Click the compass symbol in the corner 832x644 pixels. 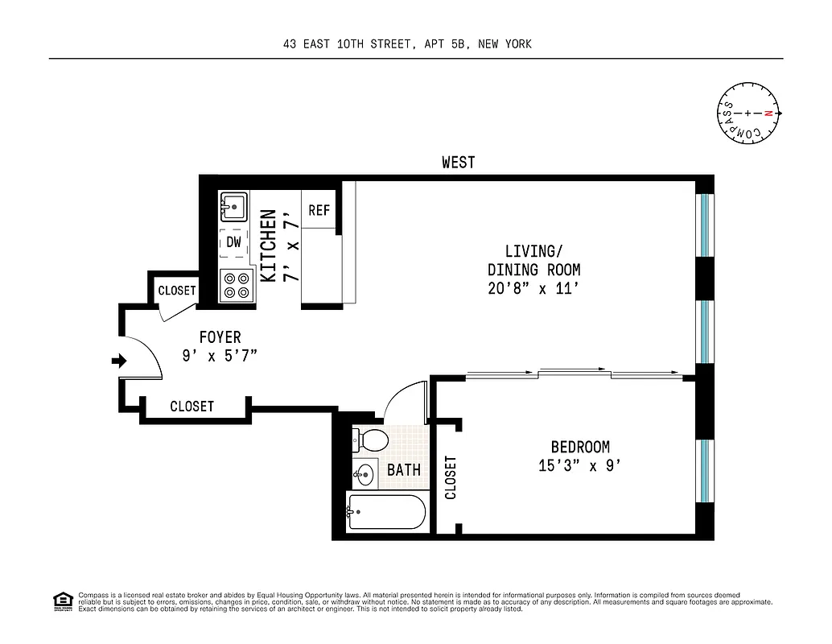[x=748, y=114]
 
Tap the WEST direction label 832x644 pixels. [x=458, y=163]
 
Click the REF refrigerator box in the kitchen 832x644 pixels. [x=319, y=210]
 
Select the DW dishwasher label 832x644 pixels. [x=233, y=242]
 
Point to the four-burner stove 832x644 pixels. [x=237, y=286]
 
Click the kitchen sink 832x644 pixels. [x=235, y=207]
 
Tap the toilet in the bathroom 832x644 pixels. [x=370, y=440]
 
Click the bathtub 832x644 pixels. [x=385, y=512]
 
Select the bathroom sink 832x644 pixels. [x=365, y=473]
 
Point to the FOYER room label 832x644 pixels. [x=220, y=337]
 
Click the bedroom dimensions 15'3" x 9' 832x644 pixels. [x=579, y=465]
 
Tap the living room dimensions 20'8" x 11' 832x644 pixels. [x=533, y=289]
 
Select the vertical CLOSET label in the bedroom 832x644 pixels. [x=451, y=477]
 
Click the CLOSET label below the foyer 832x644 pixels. [x=192, y=407]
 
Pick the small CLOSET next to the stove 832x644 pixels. [x=176, y=291]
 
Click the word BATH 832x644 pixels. [x=404, y=469]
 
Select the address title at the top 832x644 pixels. [x=407, y=44]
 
